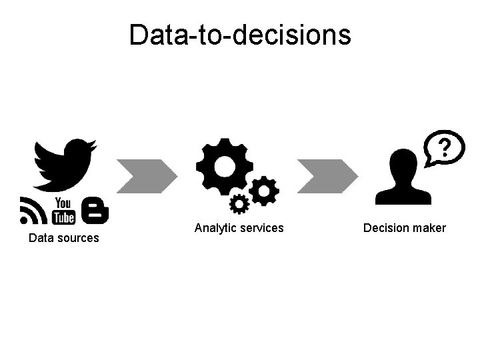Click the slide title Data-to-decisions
pos(240,35)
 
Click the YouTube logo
pos(63,210)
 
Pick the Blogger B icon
pos(95,210)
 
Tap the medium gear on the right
pos(265,191)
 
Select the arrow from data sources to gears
pos(147,176)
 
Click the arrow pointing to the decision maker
pos(327,176)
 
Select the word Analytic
pos(215,228)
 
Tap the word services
pos(262,228)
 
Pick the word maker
pos(429,228)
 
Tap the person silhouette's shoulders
pos(403,195)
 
